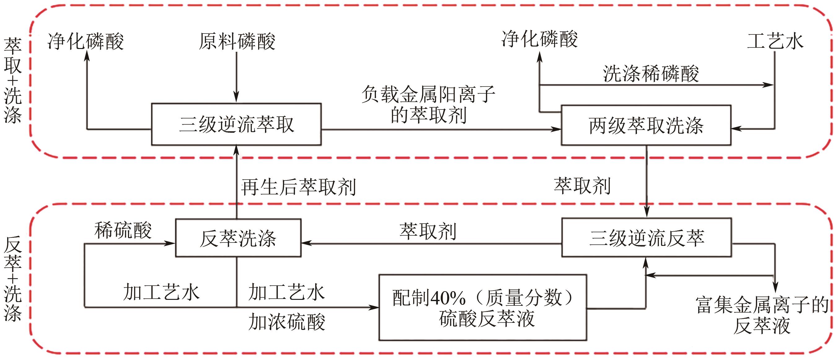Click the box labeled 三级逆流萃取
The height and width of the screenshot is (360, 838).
point(236,124)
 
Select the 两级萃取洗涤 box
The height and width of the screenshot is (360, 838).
point(646,125)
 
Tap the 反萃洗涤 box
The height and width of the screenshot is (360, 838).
point(238,238)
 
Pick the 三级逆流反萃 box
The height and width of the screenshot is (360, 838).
point(647,238)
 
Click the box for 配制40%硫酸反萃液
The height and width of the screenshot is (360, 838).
point(483,308)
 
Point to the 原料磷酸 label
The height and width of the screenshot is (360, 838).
point(237,41)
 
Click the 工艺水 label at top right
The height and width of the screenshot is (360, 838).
point(775,41)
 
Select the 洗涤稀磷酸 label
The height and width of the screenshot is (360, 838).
point(651,73)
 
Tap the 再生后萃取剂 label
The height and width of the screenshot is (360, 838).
point(299,187)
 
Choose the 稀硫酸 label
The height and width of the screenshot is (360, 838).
point(123,230)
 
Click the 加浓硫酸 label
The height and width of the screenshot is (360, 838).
point(287,322)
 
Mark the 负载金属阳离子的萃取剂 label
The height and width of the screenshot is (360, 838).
point(428,104)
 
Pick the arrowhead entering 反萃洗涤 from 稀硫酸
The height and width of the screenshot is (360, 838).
point(170,243)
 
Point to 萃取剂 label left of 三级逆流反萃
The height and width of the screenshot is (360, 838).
point(428,231)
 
